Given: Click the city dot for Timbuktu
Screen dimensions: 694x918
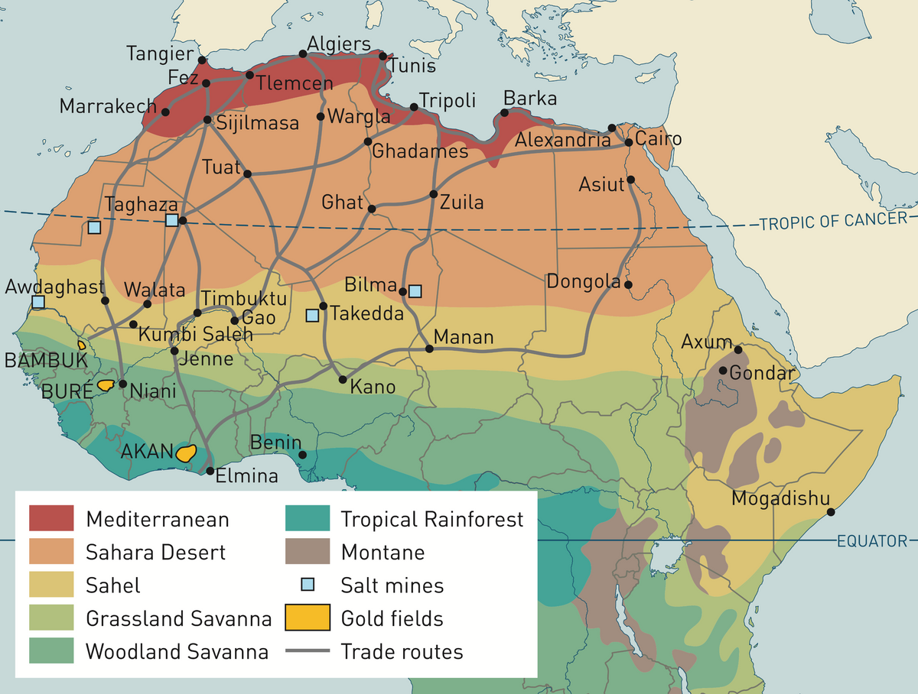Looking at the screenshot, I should (x=197, y=313).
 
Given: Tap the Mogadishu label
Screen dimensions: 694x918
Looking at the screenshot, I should (x=780, y=499).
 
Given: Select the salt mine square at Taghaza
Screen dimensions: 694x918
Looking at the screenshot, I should (x=172, y=220).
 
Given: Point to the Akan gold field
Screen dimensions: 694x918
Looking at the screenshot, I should (x=185, y=452).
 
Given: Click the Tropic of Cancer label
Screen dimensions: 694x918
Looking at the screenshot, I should (x=835, y=222).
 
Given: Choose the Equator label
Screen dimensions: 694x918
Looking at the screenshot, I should (x=871, y=541).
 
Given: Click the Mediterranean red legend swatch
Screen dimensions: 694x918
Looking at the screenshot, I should (x=51, y=518).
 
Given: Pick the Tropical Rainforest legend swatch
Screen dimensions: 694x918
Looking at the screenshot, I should (x=306, y=518).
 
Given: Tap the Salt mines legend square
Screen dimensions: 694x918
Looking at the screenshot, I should (x=307, y=585).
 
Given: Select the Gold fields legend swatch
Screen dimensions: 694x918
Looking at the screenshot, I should (x=306, y=618).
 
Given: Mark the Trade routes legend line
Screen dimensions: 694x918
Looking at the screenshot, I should (x=306, y=651).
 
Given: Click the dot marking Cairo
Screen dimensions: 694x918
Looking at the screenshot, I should (x=629, y=142).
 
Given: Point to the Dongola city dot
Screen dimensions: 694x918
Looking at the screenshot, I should (x=628, y=284).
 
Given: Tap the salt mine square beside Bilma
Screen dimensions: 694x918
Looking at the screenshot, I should (x=415, y=291).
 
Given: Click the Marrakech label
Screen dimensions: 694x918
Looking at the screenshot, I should (x=108, y=106).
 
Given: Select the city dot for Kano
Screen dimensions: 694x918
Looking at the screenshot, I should (x=343, y=380).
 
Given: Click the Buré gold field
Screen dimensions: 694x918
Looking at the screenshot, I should (x=106, y=385).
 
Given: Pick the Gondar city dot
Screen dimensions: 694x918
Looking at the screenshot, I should (x=723, y=371).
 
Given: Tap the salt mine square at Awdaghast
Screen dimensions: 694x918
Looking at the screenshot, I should (x=38, y=302).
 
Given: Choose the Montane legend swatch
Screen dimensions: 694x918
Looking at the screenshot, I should (x=306, y=552).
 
